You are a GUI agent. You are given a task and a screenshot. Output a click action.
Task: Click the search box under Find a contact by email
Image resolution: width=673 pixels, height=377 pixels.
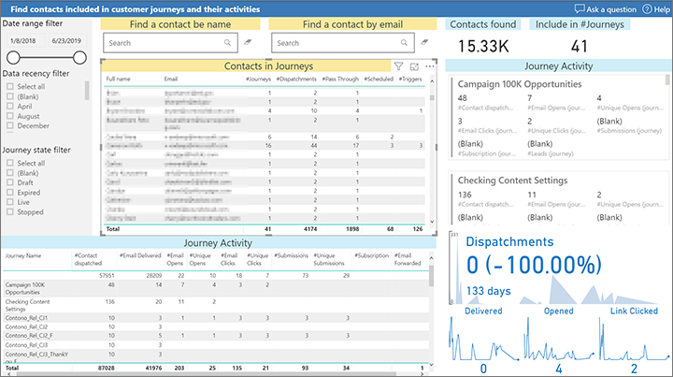pos(341,43)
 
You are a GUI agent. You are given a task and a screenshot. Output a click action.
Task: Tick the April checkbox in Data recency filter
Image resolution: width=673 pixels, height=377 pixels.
pos(10,107)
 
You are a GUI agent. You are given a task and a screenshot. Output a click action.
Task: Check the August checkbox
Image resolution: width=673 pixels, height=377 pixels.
pos(10,116)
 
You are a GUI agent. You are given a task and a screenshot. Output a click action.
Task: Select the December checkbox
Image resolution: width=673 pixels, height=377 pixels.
pos(10,125)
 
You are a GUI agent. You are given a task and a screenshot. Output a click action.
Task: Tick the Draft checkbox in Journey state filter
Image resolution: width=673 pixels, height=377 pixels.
pos(10,182)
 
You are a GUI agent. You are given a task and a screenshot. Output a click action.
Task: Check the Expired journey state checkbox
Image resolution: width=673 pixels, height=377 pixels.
pos(10,192)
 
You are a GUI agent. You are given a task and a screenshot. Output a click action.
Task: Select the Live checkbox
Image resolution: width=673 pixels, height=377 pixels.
pos(10,201)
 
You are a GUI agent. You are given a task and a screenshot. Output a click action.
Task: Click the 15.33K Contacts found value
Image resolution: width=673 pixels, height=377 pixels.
pos(484,44)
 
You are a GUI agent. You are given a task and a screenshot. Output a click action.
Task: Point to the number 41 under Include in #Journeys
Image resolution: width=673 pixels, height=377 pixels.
pos(579,44)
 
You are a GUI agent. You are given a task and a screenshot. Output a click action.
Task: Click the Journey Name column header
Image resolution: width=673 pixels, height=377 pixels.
pos(23,255)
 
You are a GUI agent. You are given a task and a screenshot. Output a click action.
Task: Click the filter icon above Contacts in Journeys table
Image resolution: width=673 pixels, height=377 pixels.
pos(398,66)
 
